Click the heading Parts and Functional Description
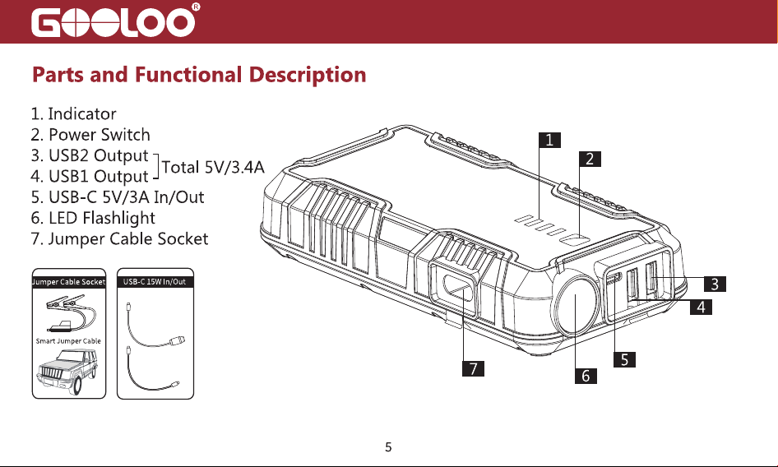[199, 75]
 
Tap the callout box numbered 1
[549, 140]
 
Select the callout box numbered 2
[590, 159]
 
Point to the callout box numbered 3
[715, 284]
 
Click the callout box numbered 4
[701, 307]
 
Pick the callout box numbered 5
[624, 359]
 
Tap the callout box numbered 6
[586, 376]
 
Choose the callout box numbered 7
[474, 368]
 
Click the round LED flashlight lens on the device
[576, 304]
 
